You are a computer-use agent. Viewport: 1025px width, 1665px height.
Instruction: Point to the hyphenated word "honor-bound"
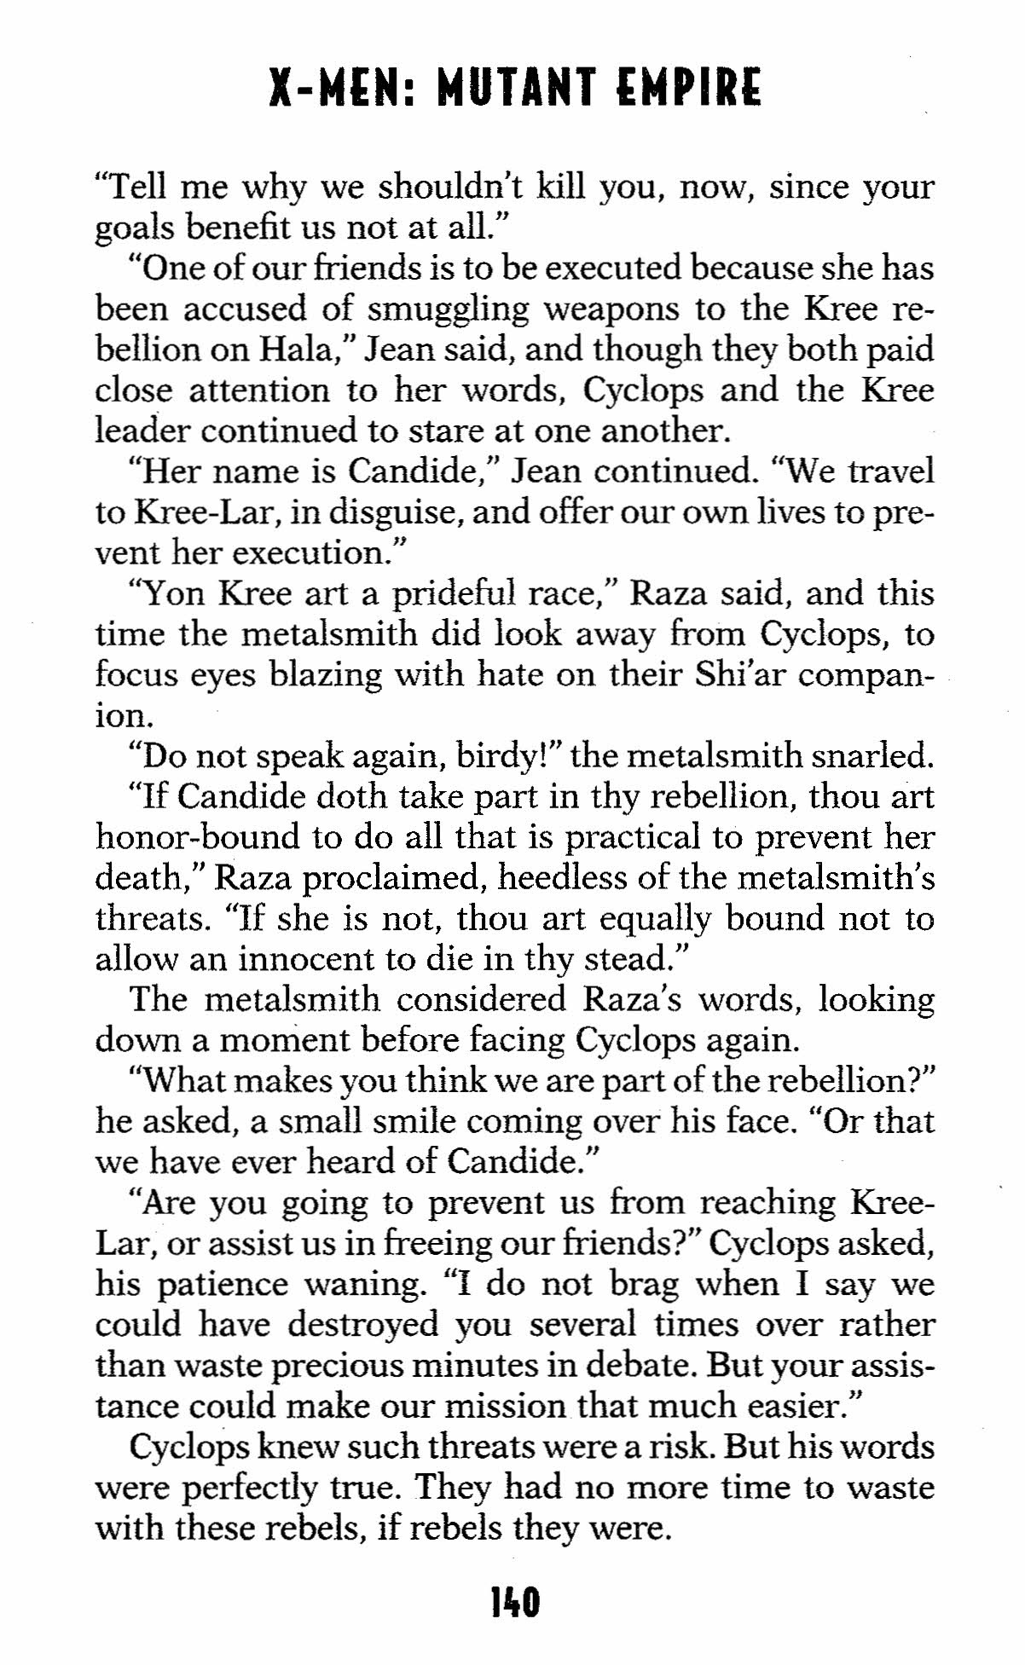(x=198, y=837)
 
